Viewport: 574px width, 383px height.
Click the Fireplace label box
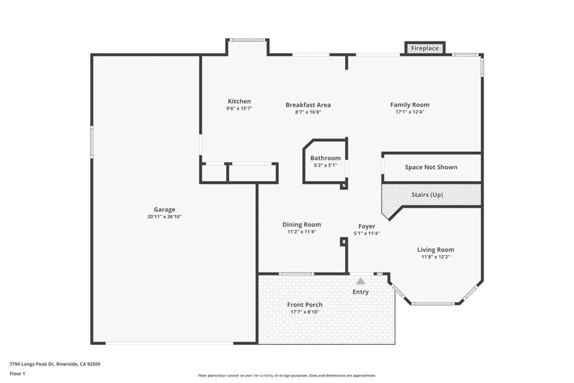click(x=425, y=49)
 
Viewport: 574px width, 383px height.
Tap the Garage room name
click(x=165, y=210)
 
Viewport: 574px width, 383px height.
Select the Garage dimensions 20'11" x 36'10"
click(x=165, y=217)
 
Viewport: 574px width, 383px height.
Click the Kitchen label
click(x=239, y=101)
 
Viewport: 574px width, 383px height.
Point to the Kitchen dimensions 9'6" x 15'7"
click(x=239, y=109)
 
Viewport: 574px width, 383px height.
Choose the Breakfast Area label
click(x=308, y=105)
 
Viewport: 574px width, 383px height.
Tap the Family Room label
click(x=410, y=105)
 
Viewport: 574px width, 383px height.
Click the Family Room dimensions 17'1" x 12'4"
click(x=410, y=112)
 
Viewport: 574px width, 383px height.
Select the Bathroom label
click(x=326, y=158)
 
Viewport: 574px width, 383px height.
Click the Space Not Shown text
click(x=431, y=167)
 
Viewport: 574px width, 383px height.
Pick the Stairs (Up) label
click(x=430, y=195)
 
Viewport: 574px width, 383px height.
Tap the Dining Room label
click(x=302, y=225)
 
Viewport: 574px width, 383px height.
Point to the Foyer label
click(x=367, y=227)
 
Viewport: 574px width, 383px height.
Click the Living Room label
click(x=436, y=250)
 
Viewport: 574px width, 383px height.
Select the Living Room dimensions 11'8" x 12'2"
click(x=436, y=257)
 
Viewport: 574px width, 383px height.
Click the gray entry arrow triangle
click(x=361, y=281)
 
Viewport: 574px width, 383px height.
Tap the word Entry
click(x=360, y=292)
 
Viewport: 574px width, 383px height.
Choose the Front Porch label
click(x=305, y=304)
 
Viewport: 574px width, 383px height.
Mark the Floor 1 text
click(x=17, y=373)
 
